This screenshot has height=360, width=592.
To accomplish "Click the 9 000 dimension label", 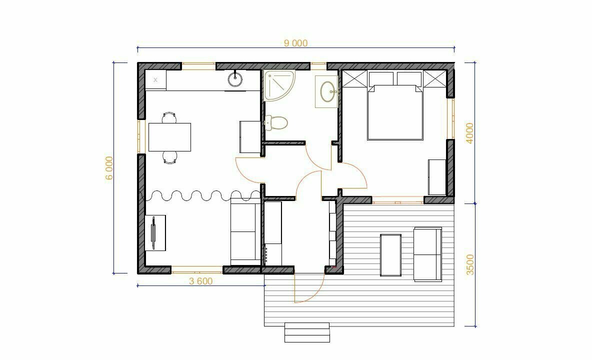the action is tap(295, 43).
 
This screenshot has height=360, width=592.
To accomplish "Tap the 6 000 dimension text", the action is tap(109, 168).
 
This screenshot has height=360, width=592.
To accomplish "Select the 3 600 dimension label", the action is tap(201, 281).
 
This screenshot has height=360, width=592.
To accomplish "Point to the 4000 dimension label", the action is tap(469, 133).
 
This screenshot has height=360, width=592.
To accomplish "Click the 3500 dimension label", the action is tap(469, 264).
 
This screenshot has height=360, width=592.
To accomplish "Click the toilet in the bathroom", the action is tap(276, 122).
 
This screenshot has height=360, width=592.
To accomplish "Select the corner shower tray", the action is tap(279, 85).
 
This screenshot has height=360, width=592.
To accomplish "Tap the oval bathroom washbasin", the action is tap(327, 91).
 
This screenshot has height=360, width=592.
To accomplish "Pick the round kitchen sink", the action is tap(235, 78).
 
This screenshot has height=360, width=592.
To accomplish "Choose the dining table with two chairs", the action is tap(169, 137).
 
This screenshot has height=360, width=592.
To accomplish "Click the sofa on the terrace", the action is tap(428, 254).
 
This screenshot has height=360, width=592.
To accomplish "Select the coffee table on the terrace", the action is tap(391, 255).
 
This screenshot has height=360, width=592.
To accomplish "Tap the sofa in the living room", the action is tap(245, 231).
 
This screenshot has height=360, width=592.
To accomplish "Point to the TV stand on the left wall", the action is tap(155, 232).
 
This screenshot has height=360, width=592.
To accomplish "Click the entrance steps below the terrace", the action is tap(307, 332).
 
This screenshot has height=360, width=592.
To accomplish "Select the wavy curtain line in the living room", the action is tap(201, 195).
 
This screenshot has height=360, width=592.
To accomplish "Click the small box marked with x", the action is tap(155, 80).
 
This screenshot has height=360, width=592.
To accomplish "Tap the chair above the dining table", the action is tap(169, 117).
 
